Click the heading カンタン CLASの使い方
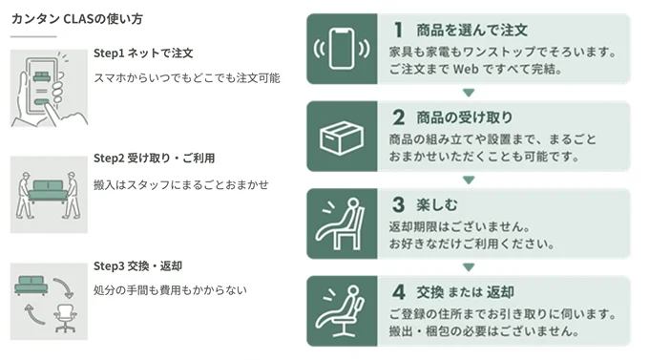[x=77, y=19]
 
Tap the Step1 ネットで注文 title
[x=143, y=53]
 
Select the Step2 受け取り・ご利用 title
[x=154, y=159]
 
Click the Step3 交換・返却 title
[x=137, y=266]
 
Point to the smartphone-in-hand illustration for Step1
[x=49, y=88]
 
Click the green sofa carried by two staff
[x=49, y=191]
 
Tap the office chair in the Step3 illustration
[x=66, y=318]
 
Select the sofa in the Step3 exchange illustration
[x=31, y=285]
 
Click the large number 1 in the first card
[x=398, y=30]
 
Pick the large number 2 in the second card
[x=399, y=117]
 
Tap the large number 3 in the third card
[x=399, y=204]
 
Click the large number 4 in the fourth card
[x=399, y=292]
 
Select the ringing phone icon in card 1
[x=342, y=49]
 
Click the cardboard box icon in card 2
[x=342, y=138]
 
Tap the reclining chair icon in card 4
[x=340, y=310]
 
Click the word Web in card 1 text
[x=466, y=69]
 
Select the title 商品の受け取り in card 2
[x=465, y=117]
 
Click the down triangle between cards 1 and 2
[x=469, y=93]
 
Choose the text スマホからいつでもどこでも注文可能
[x=187, y=78]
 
